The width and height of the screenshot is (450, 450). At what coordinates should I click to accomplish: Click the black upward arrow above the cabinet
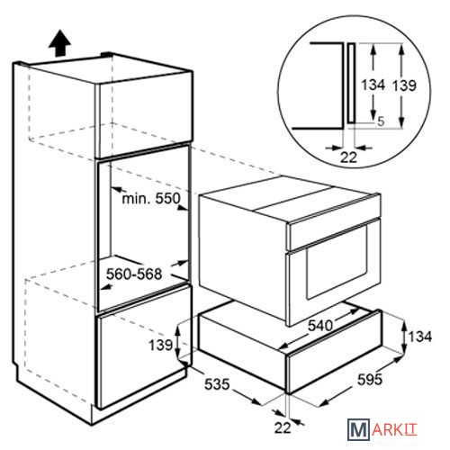pyautogui.click(x=59, y=42)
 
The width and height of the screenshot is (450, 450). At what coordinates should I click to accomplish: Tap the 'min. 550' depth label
pyautogui.click(x=151, y=198)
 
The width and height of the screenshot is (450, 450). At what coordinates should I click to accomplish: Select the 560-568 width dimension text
pyautogui.click(x=134, y=274)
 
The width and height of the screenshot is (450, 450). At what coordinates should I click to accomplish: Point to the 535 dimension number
pyautogui.click(x=217, y=384)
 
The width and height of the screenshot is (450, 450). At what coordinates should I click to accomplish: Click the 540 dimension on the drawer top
pyautogui.click(x=320, y=325)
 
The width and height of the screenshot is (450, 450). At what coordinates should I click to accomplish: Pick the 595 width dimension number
pyautogui.click(x=370, y=380)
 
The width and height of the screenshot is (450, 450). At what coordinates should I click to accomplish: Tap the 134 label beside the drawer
pyautogui.click(x=420, y=337)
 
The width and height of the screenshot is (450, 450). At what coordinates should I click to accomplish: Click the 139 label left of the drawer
pyautogui.click(x=161, y=345)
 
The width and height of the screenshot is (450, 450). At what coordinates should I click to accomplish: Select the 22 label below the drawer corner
pyautogui.click(x=283, y=427)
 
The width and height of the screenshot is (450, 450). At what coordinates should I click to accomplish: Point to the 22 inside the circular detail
pyautogui.click(x=348, y=157)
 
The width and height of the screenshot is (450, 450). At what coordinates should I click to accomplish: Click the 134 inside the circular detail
pyautogui.click(x=373, y=85)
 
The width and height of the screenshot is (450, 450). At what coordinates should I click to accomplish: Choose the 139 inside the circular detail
pyautogui.click(x=405, y=85)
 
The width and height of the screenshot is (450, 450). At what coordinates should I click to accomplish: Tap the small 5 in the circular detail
pyautogui.click(x=381, y=121)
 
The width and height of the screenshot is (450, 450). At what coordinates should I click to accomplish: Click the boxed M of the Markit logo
pyautogui.click(x=358, y=429)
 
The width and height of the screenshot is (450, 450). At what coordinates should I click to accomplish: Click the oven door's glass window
pyautogui.click(x=337, y=262)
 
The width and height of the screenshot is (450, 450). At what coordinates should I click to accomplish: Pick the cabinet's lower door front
pyautogui.click(x=143, y=346)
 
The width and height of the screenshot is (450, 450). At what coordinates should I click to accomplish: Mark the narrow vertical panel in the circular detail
pyautogui.click(x=351, y=83)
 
